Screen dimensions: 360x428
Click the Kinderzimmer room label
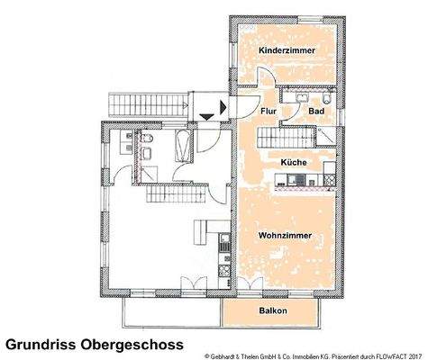tap(287, 51)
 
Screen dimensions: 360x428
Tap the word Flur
tap(268, 112)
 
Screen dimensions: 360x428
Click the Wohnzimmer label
tap(286, 236)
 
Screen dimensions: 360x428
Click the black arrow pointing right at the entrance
tap(208, 114)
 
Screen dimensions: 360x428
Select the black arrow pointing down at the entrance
tap(221, 107)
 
